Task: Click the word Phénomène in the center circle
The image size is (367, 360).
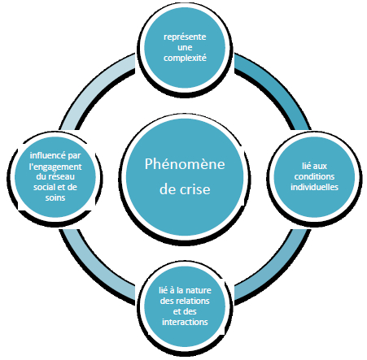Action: click(x=185, y=164)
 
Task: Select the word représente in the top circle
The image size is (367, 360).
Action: click(x=185, y=37)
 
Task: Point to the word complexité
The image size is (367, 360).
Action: click(x=185, y=58)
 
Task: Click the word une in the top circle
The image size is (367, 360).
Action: click(x=185, y=47)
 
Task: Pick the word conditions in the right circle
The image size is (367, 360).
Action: click(x=314, y=176)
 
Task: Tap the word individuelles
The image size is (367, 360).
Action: click(x=314, y=187)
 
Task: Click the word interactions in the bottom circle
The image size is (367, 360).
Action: click(x=185, y=322)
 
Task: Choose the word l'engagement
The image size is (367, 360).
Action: click(x=55, y=167)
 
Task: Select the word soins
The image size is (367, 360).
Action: click(x=55, y=197)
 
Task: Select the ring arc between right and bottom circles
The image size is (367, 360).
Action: click(x=278, y=272)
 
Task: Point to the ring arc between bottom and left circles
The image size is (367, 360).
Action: click(x=92, y=272)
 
